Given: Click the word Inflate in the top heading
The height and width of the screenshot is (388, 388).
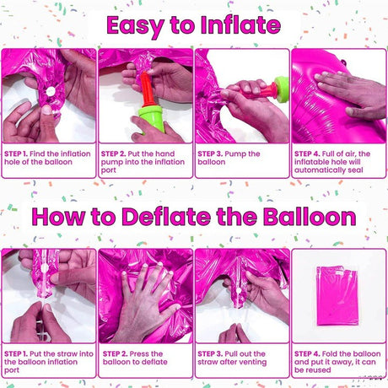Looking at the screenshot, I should [x=240, y=24].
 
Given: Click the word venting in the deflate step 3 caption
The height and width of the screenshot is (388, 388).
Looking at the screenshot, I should [x=251, y=363].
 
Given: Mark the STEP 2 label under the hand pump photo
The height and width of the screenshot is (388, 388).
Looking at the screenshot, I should [x=115, y=154].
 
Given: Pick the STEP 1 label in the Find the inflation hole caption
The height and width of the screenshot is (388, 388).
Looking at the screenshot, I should [x=18, y=154].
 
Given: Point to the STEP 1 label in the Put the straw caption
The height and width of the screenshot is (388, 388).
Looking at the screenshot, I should [x=18, y=354].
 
